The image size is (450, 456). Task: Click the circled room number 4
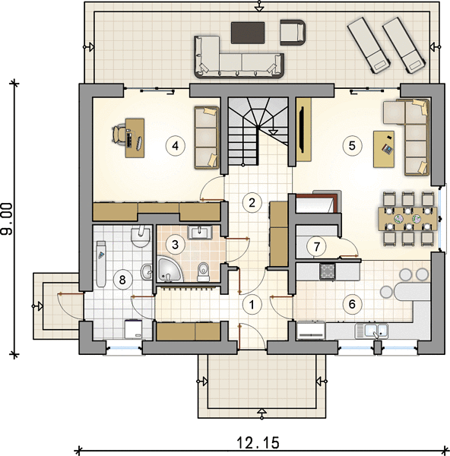click(175, 146)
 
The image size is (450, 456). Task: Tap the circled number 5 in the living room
click(352, 145)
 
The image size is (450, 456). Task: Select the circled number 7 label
click(316, 246)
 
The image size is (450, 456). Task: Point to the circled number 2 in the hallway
click(252, 202)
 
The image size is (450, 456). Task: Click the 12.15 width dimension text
click(258, 443)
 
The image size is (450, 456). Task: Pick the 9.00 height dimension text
click(7, 219)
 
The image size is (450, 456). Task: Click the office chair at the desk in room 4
click(119, 134)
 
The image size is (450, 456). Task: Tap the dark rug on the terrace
click(248, 33)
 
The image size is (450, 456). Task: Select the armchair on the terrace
click(293, 32)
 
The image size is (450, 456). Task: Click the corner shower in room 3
click(169, 270)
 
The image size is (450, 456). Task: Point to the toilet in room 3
click(203, 272)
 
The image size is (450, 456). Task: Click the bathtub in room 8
click(101, 264)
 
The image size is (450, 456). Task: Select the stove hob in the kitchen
click(328, 271)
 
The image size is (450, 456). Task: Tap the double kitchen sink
click(372, 331)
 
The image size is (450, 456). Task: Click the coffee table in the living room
click(384, 149)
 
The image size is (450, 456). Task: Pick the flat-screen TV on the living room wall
click(303, 130)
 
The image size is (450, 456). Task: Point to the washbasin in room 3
click(200, 233)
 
